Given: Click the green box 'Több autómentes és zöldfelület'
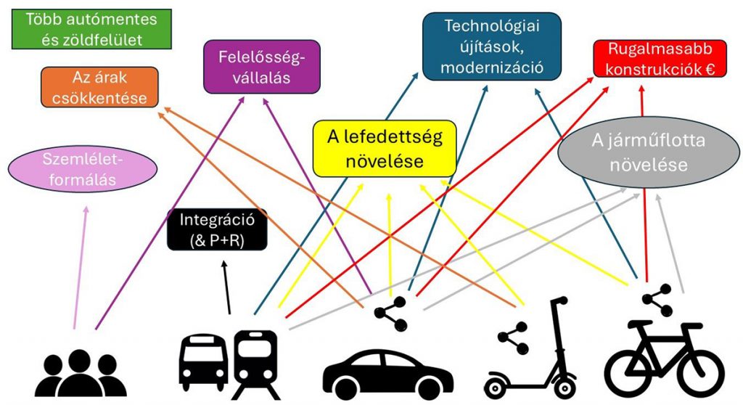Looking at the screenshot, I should (x=91, y=30).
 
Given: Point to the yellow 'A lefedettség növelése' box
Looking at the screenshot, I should (x=384, y=149).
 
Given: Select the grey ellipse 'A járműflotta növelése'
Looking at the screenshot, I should (x=638, y=152).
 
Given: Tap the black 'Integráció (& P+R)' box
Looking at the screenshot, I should (x=217, y=229).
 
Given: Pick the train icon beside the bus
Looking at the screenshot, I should (x=255, y=360).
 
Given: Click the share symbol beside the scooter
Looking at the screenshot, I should (x=513, y=339).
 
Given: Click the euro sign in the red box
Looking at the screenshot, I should (x=710, y=70).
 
